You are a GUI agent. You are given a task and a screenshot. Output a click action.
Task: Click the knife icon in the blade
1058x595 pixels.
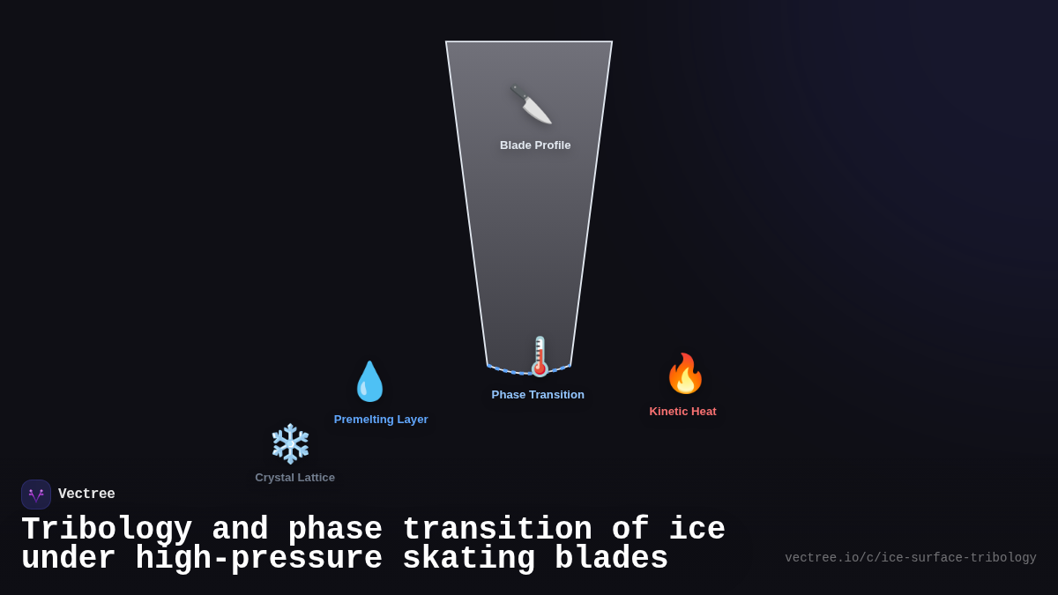click(x=531, y=106)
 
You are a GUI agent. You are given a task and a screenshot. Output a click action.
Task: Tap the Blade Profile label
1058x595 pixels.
click(x=535, y=145)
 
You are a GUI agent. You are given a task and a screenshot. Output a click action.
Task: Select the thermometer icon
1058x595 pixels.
click(x=539, y=357)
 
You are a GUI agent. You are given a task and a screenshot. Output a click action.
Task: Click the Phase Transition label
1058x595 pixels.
click(x=538, y=395)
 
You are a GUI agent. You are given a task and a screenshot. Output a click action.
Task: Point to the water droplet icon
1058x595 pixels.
click(x=369, y=382)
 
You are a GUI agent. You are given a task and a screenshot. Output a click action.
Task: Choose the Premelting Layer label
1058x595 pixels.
click(x=381, y=420)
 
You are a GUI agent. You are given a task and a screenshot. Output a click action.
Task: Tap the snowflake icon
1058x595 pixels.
click(x=290, y=443)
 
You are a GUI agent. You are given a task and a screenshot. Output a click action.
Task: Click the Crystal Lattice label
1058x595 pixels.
click(x=294, y=478)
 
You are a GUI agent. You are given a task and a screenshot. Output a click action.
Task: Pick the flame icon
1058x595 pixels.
click(x=685, y=374)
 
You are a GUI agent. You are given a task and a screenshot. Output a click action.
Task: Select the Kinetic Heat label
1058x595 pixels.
click(x=682, y=412)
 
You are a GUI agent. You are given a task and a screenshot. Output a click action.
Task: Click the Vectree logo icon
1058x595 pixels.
click(x=36, y=495)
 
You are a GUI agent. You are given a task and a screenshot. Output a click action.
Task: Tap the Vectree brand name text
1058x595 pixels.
click(x=86, y=495)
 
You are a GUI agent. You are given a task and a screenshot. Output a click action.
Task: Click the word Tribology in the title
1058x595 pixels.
click(x=107, y=530)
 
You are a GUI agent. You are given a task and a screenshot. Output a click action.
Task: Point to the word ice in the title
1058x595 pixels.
click(x=697, y=530)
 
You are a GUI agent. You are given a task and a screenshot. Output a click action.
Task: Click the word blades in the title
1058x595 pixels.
click(x=611, y=559)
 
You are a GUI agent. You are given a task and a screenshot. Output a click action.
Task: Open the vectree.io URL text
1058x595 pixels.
click(x=910, y=558)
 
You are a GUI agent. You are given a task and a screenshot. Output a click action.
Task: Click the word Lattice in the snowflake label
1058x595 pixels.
click(x=315, y=478)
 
